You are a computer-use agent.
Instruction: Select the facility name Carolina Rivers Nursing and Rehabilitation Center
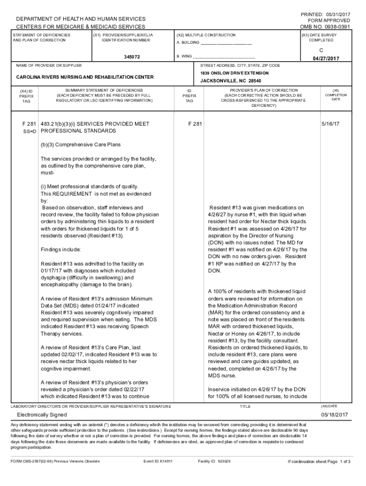pyautogui.click(x=85, y=77)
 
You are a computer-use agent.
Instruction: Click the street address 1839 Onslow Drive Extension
pyautogui.click(x=234, y=73)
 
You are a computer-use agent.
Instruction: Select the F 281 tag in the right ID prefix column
pyautogui.click(x=195, y=124)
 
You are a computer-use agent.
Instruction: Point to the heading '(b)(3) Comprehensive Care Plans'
pyautogui.click(x=80, y=144)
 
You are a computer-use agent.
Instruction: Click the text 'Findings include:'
pyautogui.click(x=61, y=250)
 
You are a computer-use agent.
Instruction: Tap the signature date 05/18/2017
pyautogui.click(x=335, y=415)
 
